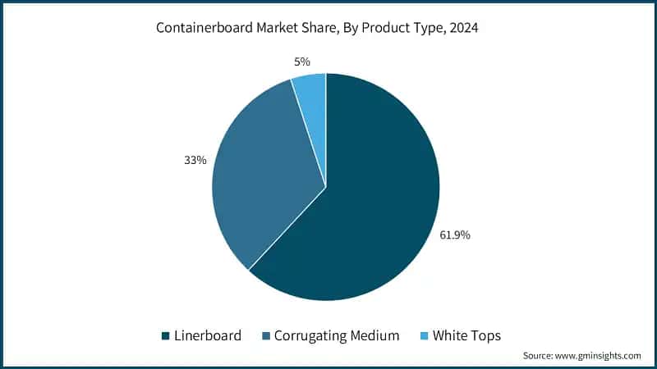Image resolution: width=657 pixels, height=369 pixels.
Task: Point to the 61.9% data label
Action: tap(454, 235)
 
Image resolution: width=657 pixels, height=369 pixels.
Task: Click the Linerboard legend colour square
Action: tap(166, 335)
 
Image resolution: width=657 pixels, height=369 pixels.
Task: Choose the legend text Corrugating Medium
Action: tap(337, 335)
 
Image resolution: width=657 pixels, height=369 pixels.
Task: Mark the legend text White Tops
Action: tap(466, 335)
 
